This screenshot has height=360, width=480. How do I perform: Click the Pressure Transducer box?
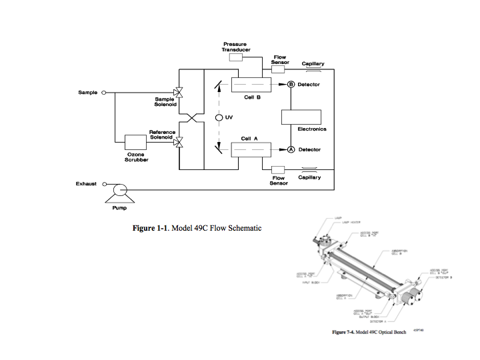tap(236, 58)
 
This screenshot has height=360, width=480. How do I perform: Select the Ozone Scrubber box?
tap(136, 142)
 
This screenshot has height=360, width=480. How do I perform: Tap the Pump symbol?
tap(121, 190)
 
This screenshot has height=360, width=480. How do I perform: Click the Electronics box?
tap(301, 115)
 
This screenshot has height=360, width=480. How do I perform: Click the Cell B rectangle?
tap(251, 85)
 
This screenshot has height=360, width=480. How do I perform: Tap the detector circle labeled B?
tap(291, 85)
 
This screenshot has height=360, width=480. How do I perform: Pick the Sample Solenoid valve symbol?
tap(179, 92)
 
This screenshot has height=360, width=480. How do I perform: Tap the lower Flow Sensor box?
tap(278, 169)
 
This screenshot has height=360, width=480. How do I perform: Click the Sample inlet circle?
tap(103, 92)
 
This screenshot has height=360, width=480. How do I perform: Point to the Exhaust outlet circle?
tap(103, 185)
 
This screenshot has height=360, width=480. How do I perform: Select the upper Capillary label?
tap(313, 63)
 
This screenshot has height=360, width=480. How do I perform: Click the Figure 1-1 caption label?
tap(197, 229)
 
